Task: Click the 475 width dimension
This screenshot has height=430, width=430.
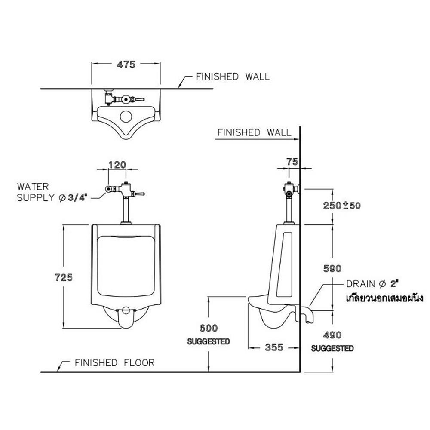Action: pyautogui.click(x=126, y=64)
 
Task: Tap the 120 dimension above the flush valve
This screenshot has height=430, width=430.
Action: pyautogui.click(x=117, y=165)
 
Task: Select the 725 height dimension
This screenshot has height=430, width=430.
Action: pyautogui.click(x=64, y=277)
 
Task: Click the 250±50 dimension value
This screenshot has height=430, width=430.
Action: pyautogui.click(x=343, y=205)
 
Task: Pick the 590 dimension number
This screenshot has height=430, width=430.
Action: pyautogui.click(x=332, y=268)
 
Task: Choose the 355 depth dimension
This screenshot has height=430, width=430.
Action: pyautogui.click(x=274, y=347)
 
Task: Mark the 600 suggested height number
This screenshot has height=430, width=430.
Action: pyautogui.click(x=209, y=328)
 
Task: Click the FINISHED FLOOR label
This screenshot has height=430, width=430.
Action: pyautogui.click(x=114, y=363)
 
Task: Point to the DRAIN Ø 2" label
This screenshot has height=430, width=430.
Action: pyautogui.click(x=373, y=284)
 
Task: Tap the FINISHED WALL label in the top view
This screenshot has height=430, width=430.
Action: pyautogui.click(x=233, y=77)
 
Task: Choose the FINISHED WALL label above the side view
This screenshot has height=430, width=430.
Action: pyautogui.click(x=254, y=132)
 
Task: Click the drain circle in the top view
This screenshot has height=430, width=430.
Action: pyautogui.click(x=126, y=116)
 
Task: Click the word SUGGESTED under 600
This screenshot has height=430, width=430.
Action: pyautogui.click(x=209, y=341)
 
